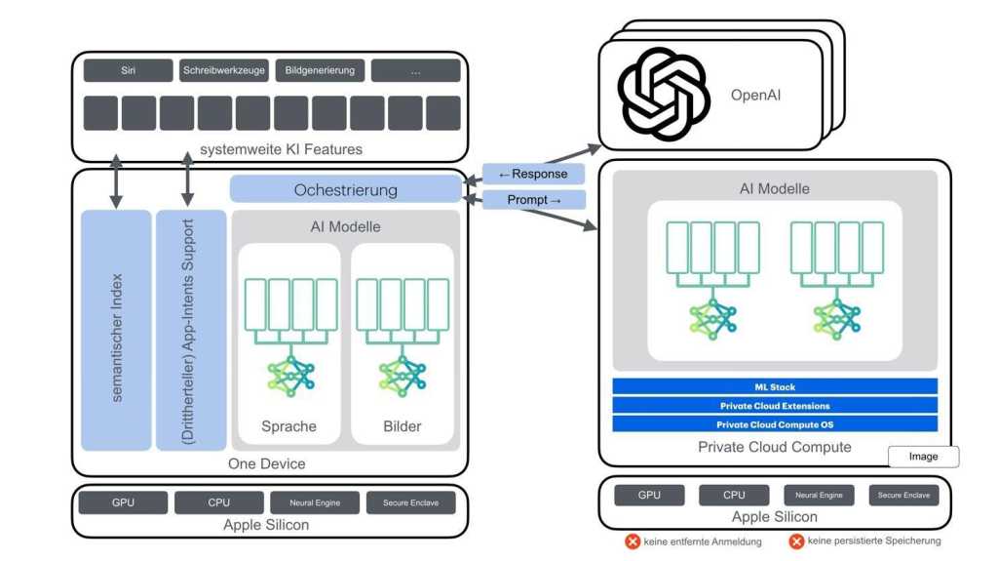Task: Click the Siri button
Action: click(128, 71)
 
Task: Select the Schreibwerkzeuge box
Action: click(223, 71)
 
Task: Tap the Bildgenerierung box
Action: click(320, 71)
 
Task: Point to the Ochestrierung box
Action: click(345, 190)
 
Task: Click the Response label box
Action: click(533, 175)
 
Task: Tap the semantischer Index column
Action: click(116, 330)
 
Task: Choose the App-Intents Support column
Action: click(190, 330)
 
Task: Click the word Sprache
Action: click(288, 426)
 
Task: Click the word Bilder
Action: click(402, 426)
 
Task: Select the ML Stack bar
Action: click(775, 387)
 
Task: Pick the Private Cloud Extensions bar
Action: click(775, 406)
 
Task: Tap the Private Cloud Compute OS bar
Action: click(775, 424)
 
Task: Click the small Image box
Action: click(923, 457)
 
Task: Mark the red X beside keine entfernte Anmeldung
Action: click(633, 541)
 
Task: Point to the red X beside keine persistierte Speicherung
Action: click(796, 541)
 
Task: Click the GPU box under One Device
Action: click(123, 503)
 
